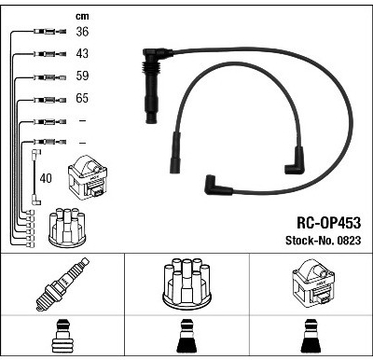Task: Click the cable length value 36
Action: point(82,32)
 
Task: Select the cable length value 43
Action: point(82,53)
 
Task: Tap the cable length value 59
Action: point(82,76)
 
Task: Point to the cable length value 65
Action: point(82,98)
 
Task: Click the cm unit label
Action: point(82,16)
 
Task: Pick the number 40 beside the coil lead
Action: point(46,178)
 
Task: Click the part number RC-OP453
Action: point(329,223)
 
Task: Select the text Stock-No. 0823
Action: point(324,241)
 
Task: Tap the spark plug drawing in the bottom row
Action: point(62,284)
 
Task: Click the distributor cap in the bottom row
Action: point(186,284)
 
